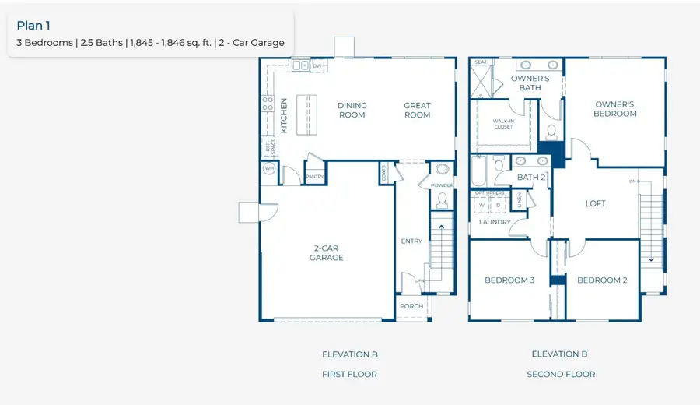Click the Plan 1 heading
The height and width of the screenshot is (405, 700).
(x=33, y=26)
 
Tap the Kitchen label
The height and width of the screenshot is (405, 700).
(x=284, y=115)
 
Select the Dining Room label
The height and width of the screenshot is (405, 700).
(x=352, y=110)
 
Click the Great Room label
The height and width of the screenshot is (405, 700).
(x=417, y=110)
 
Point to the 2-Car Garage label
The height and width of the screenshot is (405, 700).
(x=326, y=252)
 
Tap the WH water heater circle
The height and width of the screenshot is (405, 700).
(x=269, y=168)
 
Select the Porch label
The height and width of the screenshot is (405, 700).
(x=411, y=306)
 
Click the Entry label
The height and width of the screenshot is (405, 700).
(x=411, y=241)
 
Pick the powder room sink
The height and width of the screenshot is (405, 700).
(x=443, y=170)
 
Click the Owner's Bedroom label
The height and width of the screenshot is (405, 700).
(x=615, y=109)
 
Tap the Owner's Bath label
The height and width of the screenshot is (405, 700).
(x=530, y=83)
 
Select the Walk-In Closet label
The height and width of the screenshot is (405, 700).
(x=503, y=124)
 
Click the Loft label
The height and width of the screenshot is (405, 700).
(x=595, y=204)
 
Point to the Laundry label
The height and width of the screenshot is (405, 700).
(x=495, y=222)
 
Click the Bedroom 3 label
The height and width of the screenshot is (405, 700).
(x=509, y=280)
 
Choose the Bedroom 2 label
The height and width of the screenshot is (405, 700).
(x=602, y=280)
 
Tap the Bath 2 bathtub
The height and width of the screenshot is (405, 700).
(x=478, y=171)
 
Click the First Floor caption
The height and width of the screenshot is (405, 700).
(x=349, y=375)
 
